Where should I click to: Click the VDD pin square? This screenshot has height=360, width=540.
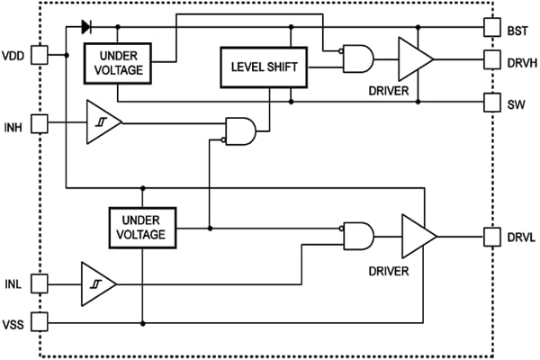coord(40,56)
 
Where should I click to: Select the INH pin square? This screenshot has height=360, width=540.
coord(40,121)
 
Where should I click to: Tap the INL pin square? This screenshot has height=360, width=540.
coord(40,283)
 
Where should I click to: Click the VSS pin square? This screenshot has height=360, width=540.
coord(40,321)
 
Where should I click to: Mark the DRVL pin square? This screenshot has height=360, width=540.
coord(491,237)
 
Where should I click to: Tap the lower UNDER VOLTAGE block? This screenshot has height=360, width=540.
coord(141,227)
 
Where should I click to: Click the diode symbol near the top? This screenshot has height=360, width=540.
coord(87,26)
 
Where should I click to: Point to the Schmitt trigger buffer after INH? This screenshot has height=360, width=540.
coord(102,121)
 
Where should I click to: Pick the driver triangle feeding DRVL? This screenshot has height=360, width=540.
coord(418,237)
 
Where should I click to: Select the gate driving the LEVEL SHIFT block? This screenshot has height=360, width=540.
coord(242,131)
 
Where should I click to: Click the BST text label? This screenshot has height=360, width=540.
coord(517,31)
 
